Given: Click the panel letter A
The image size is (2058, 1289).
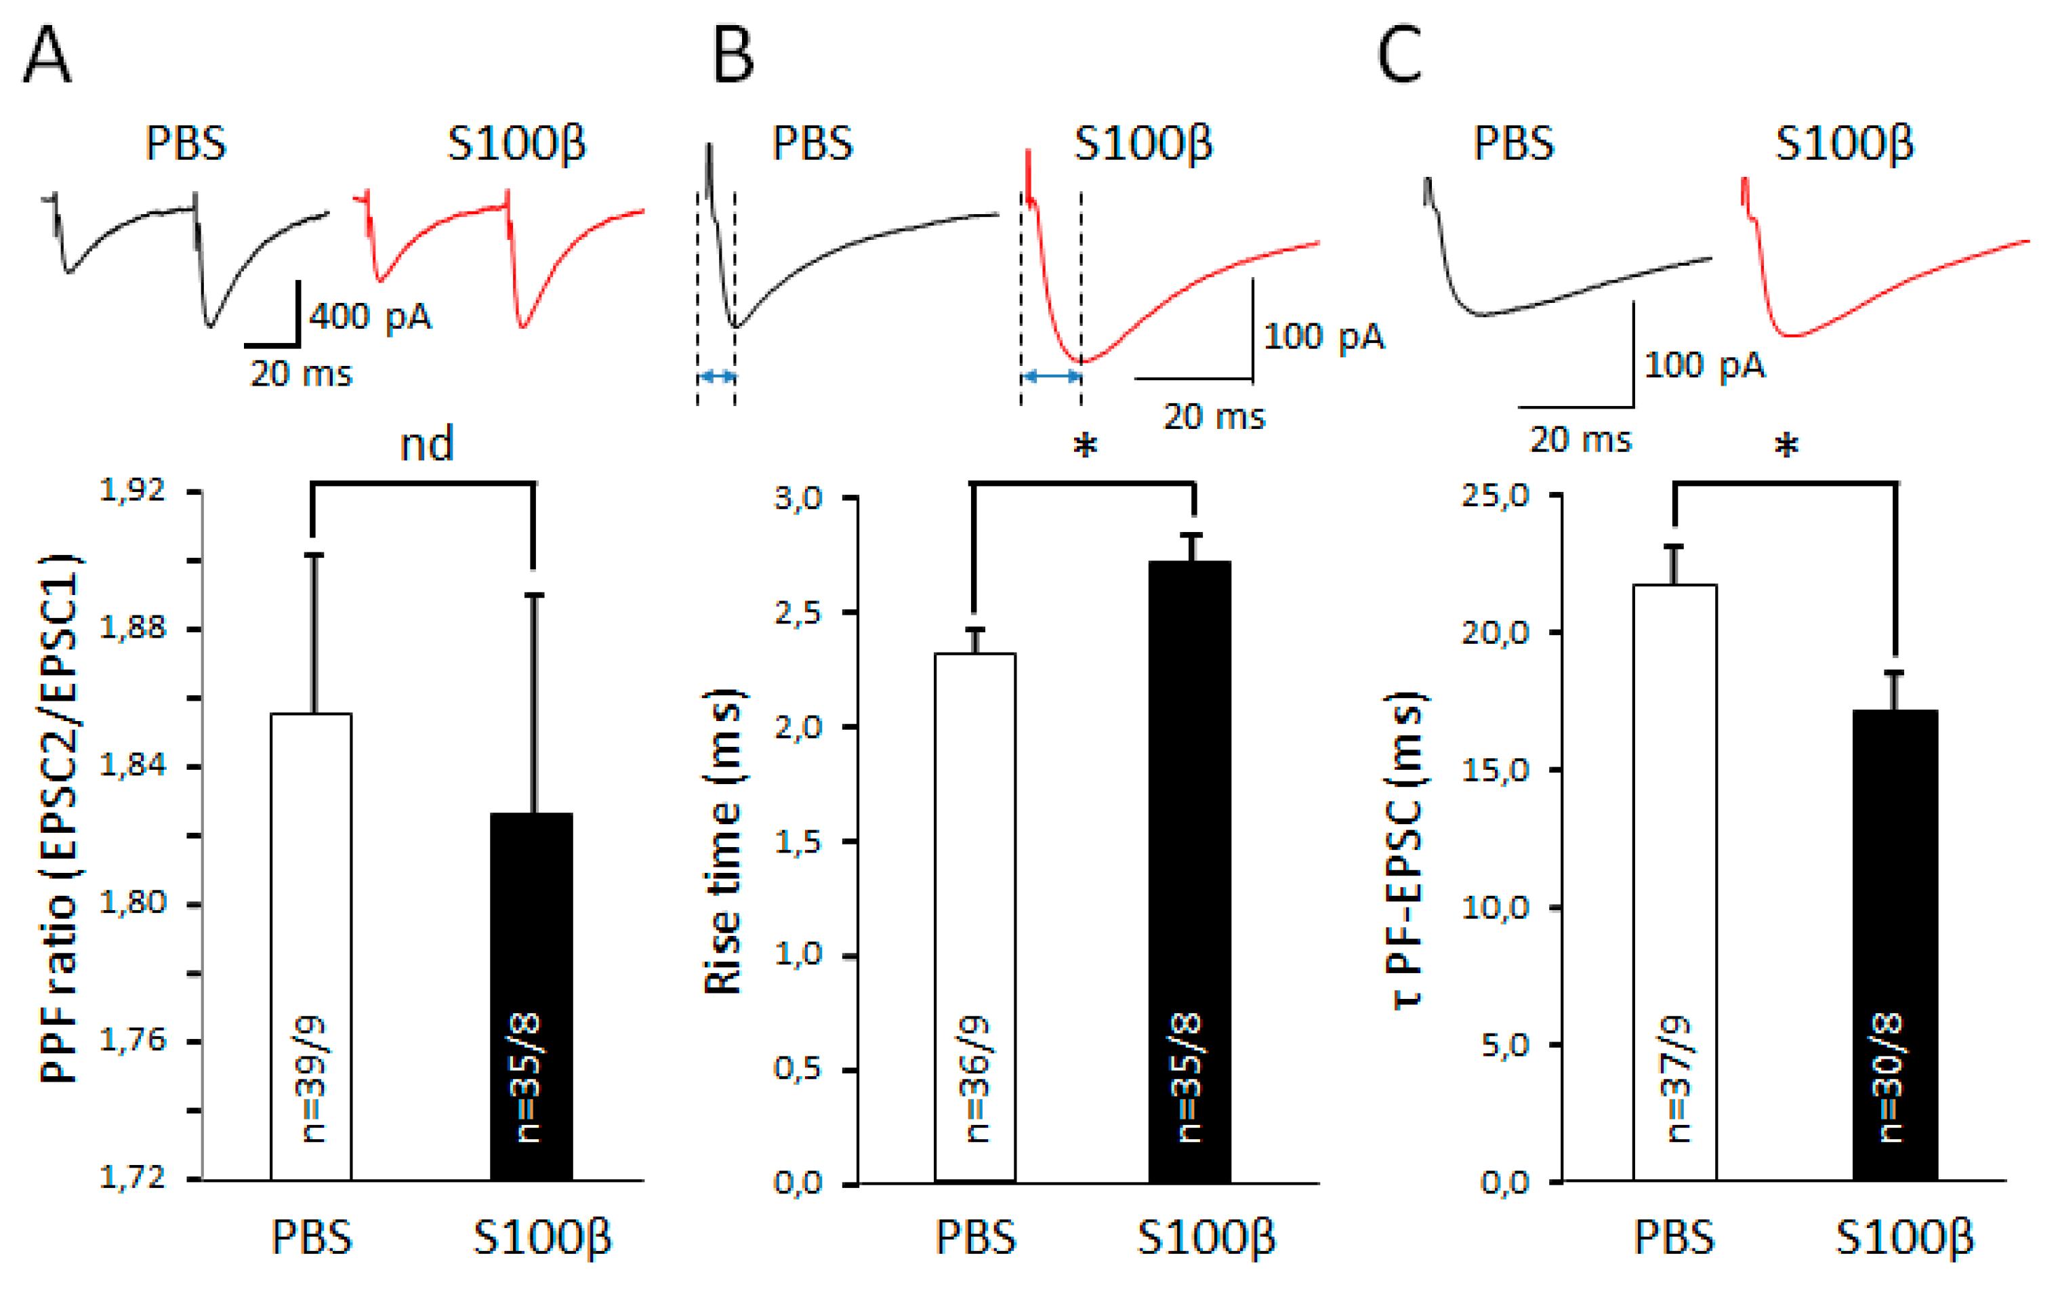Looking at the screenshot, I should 47,55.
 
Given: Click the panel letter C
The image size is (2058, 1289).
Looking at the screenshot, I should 1399,55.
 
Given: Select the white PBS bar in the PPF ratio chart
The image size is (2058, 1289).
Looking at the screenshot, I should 311,946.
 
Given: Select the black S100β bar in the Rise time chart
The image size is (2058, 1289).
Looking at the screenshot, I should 1190,869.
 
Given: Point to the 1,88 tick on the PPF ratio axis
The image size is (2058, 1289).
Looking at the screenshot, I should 133,628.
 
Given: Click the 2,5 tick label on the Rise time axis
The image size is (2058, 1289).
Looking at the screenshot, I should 797,613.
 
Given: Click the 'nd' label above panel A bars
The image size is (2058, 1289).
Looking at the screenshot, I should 426,444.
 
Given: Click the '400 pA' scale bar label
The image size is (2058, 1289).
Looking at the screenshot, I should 370,316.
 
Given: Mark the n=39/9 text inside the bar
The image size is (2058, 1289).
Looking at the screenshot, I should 314,1078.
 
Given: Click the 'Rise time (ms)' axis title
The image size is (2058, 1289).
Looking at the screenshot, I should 722,840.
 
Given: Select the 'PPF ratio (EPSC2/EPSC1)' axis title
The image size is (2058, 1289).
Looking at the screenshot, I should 60,819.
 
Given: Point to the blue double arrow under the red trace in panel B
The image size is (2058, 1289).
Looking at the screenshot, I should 1051,376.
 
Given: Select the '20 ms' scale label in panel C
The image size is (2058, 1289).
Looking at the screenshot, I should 1580,440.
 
